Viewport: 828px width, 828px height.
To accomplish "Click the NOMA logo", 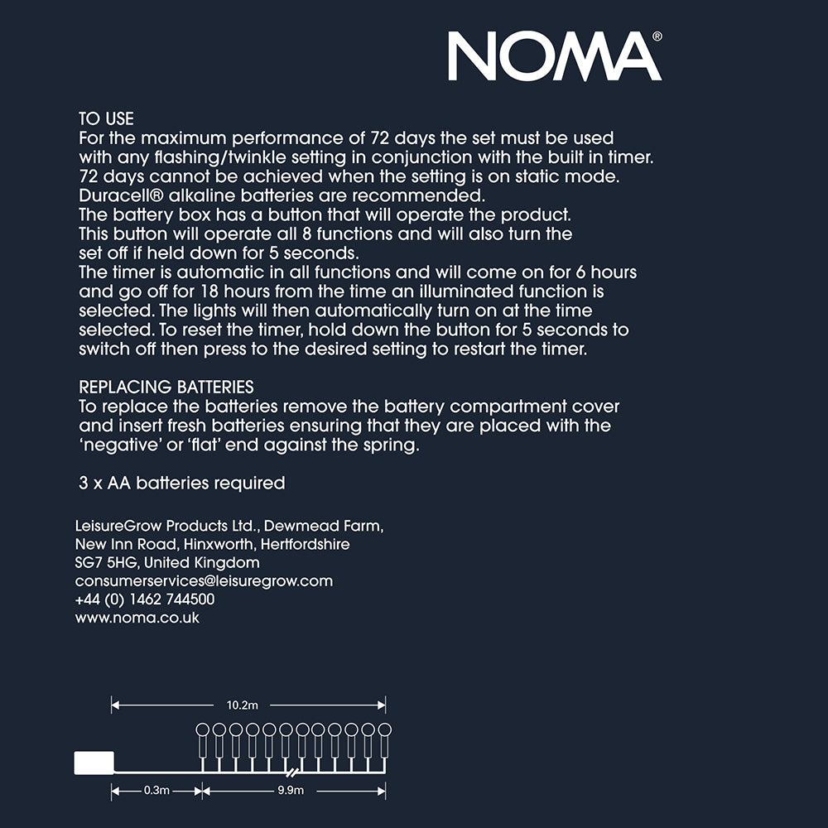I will coord(553,56).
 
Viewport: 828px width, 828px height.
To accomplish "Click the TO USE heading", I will coord(106,119).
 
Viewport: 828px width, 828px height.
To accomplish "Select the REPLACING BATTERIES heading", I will coord(166,388).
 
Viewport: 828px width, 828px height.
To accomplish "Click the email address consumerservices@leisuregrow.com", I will coord(204,581).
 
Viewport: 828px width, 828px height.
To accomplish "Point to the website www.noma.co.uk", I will coord(137,618).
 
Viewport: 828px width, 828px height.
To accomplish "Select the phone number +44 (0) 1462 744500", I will coord(145,599).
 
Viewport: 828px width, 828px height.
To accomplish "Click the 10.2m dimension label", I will coord(243,705).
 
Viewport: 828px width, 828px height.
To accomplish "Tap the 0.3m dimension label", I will coord(156,791).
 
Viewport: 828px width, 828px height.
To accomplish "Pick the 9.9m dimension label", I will coord(291,791).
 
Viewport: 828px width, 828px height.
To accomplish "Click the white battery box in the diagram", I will coord(94,762).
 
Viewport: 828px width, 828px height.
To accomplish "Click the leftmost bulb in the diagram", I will coord(202,730).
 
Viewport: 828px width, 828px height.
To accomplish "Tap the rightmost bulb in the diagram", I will coord(384,730).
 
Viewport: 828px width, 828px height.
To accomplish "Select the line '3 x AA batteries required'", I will coord(181,483).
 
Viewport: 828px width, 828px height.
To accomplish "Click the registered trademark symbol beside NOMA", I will coord(657,36).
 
